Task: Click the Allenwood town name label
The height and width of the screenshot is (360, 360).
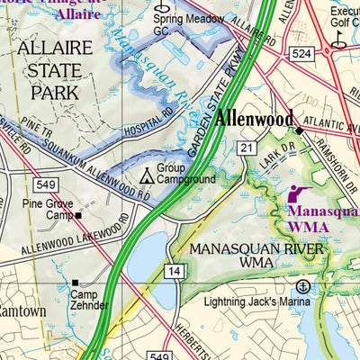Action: [253, 119]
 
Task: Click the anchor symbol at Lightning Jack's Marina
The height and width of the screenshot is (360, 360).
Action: [303, 286]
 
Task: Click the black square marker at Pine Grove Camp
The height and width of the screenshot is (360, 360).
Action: [78, 216]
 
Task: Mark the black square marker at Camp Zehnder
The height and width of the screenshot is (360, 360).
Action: [76, 283]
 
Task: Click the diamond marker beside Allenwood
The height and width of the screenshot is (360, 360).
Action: [301, 130]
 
